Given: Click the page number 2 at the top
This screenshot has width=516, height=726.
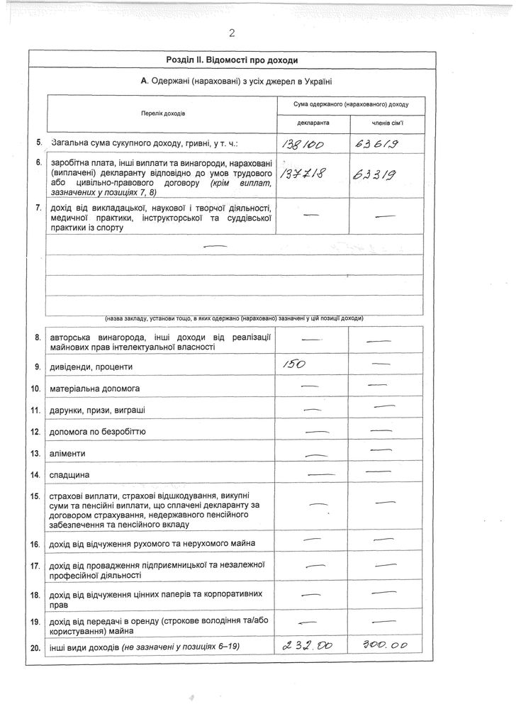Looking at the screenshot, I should point(231,33).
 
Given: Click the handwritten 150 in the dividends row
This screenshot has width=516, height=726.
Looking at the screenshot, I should point(293,365).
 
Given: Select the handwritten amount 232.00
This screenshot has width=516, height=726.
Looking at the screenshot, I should point(307,646).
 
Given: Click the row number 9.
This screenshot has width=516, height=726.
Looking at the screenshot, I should point(38,367).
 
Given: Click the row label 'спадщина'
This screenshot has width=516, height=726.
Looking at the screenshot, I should point(70,474).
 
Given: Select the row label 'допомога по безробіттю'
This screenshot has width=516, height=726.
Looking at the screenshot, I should point(97,431).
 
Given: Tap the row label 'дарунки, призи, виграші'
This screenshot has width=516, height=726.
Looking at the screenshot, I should point(98,410).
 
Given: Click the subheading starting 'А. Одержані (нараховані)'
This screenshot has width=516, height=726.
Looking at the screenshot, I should point(237,82).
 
